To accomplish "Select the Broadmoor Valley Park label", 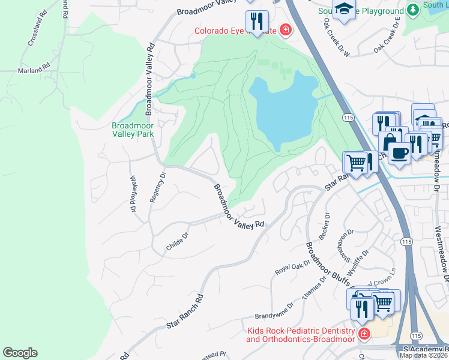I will tap(133, 130).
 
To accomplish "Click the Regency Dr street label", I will tap(157, 187).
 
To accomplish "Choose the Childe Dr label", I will tap(178, 242).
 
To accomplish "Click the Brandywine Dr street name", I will tap(274, 316).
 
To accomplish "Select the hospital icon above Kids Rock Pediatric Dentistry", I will tap(363, 334).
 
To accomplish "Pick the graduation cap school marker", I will tap(344, 8).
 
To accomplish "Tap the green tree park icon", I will tap(412, 10).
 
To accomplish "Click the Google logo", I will tap(20, 353).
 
